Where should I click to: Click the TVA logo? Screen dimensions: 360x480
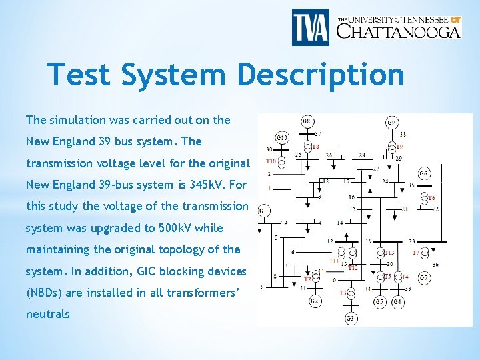coord(310,27)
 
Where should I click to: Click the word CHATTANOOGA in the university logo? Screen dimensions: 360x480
coord(398,31)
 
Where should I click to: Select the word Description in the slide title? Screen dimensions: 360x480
coord(321,75)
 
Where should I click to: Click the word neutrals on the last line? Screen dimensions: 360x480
coord(47,314)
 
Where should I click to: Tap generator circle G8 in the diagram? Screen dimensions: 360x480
coord(307,121)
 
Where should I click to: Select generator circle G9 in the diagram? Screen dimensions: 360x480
coord(393,122)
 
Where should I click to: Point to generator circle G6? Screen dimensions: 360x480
coord(424,173)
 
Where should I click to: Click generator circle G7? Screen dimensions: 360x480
coord(424,277)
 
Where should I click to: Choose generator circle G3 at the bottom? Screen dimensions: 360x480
coord(350,318)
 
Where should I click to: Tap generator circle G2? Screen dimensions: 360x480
coord(315,301)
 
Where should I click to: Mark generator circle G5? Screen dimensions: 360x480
coord(380,301)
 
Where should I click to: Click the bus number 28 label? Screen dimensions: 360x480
coord(362,155)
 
